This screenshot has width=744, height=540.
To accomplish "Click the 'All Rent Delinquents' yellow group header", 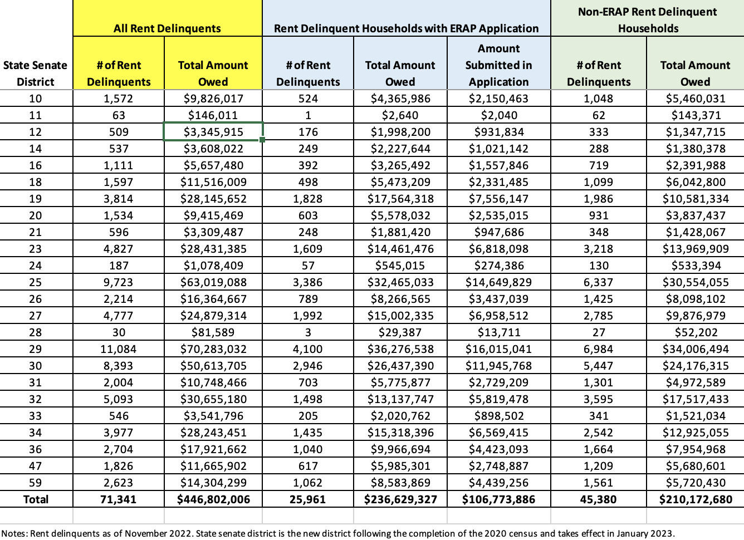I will tap(167, 28).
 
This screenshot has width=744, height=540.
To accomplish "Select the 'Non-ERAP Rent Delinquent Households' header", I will tap(647, 20).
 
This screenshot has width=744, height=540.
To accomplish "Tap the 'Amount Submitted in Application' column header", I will tap(498, 65).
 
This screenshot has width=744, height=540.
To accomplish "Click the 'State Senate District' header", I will tap(36, 73).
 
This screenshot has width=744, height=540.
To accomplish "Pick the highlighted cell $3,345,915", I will tap(213, 132).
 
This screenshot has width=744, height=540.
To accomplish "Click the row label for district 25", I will tap(36, 282).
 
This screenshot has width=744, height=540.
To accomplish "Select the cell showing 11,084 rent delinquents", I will tap(119, 349).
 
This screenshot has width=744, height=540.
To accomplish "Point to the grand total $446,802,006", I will tap(213, 499).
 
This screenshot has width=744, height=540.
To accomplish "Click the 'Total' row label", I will tap(36, 499).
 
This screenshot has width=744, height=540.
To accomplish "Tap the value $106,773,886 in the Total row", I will tap(498, 499).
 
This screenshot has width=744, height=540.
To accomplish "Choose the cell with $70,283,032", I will tap(213, 349).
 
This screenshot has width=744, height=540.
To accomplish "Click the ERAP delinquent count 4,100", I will tap(308, 349).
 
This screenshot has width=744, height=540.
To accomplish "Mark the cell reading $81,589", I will tap(213, 332).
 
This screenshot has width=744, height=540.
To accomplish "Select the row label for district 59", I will tap(36, 483).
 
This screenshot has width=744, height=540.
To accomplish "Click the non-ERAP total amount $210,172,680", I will tap(696, 499).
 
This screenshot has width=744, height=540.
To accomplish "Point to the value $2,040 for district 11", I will tap(498, 115).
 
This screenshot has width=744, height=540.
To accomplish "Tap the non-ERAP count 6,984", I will tap(599, 349).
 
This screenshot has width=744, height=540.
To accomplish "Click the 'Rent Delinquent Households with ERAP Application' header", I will tap(406, 28).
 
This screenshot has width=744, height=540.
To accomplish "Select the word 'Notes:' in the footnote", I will tap(14, 533).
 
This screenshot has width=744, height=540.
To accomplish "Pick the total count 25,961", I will tap(308, 499).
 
